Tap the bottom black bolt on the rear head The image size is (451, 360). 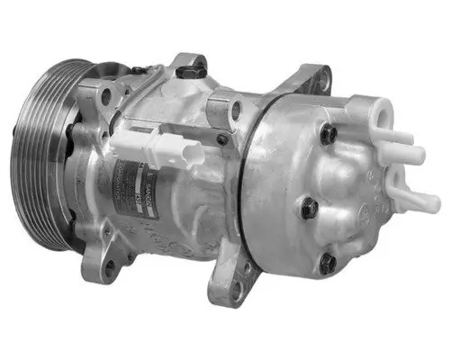point(327,264)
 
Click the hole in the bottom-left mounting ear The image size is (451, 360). point(110,266)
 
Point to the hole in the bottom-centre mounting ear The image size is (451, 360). point(237,290)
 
